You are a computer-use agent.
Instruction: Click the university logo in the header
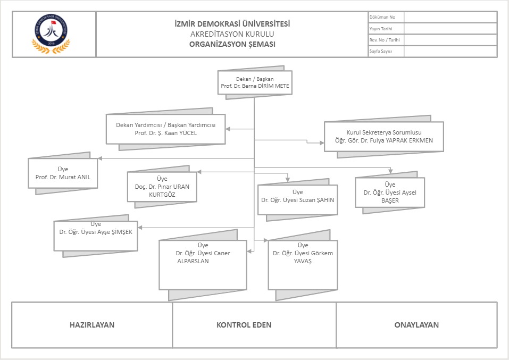pos(52,34)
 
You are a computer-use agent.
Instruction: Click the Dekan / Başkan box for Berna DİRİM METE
pos(255,82)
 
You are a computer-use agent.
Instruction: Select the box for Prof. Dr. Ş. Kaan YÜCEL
pos(165,129)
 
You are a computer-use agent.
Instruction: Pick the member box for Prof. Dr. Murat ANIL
pos(63,173)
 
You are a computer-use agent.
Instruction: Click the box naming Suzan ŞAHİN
pos(297,199)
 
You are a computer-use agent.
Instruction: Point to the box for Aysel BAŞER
pos(390,192)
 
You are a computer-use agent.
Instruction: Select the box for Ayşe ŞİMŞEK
pos(96,236)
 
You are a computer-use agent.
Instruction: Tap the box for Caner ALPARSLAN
pos(203,264)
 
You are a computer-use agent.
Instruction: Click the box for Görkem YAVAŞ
pos(303,264)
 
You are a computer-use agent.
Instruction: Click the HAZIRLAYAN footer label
pos(92,325)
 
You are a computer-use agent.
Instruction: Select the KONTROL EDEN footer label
pos(244,325)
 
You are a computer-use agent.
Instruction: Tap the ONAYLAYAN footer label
pos(416,325)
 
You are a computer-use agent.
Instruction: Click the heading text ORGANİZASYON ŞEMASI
pos(232,44)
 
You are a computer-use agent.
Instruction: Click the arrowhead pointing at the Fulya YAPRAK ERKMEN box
pos(321,143)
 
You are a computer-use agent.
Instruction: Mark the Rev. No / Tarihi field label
pos(385,40)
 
